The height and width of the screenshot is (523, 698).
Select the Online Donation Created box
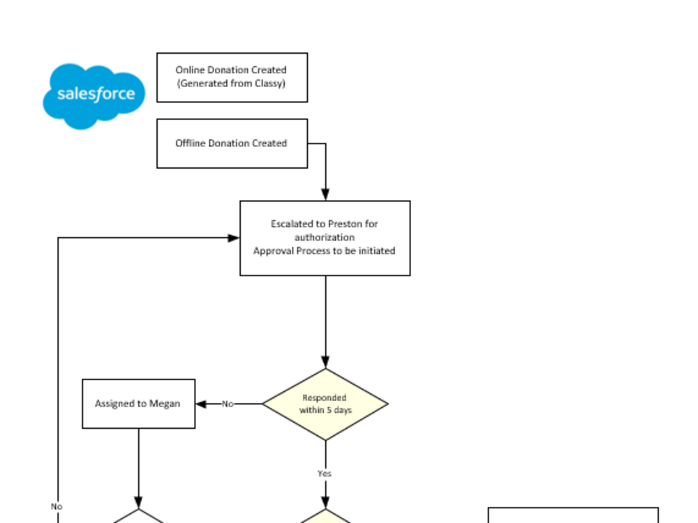(x=232, y=77)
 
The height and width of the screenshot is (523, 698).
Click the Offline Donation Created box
(x=232, y=144)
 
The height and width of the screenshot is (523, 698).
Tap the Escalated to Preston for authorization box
(x=325, y=238)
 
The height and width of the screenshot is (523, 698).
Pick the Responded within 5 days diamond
(x=325, y=404)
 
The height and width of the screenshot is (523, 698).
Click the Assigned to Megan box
(x=138, y=404)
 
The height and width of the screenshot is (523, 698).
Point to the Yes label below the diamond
(x=324, y=473)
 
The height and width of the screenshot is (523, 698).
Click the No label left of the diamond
(x=228, y=404)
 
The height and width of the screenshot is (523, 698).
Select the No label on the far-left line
(x=57, y=506)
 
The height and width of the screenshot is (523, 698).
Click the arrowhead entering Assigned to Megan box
(x=201, y=404)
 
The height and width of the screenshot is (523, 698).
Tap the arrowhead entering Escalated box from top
(x=325, y=195)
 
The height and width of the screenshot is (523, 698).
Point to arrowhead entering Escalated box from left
(x=235, y=238)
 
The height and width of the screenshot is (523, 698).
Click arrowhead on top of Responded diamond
(x=325, y=363)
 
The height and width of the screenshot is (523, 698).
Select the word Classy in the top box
(x=267, y=84)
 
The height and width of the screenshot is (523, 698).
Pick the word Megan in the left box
(x=164, y=404)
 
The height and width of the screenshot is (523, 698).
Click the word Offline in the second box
(x=190, y=144)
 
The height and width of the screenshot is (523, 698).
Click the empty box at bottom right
(x=572, y=515)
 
